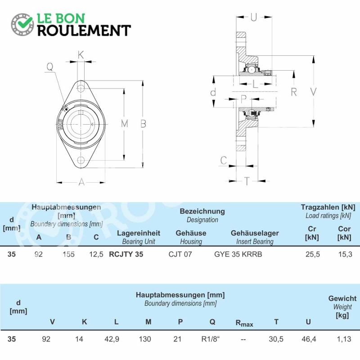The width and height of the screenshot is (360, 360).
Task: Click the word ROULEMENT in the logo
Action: pyautogui.click(x=84, y=31)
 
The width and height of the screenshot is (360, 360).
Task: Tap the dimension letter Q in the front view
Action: pyautogui.click(x=50, y=67)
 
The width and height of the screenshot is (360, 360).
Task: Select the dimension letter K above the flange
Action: pyautogui.click(x=81, y=55)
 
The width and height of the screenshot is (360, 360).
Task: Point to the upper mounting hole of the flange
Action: pyautogui.click(x=81, y=88)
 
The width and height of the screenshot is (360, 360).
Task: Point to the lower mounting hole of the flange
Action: pyautogui.click(x=81, y=160)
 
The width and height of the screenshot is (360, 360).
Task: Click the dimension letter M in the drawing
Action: pyautogui.click(x=125, y=124)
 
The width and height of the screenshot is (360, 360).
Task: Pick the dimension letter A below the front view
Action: pyautogui.click(x=81, y=182)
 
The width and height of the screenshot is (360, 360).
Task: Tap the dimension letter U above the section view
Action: pyautogui.click(x=253, y=17)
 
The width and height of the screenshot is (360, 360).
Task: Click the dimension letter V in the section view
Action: pyautogui.click(x=313, y=92)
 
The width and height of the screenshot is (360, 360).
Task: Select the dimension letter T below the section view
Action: pyautogui.click(x=247, y=181)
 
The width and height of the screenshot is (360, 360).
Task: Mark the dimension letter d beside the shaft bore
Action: pyautogui.click(x=213, y=92)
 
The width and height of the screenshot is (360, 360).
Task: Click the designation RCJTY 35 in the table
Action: pyautogui.click(x=126, y=254)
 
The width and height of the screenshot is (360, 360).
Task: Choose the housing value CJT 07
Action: pyautogui.click(x=180, y=254)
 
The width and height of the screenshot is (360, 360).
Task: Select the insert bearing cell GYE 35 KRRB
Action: pyautogui.click(x=238, y=254)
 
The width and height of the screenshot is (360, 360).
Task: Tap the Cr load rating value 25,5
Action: pyautogui.click(x=313, y=254)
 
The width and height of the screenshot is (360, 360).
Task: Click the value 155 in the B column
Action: pyautogui.click(x=68, y=254)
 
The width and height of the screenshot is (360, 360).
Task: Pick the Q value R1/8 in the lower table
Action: pyautogui.click(x=210, y=339)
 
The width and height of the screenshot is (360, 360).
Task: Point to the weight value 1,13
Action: pyautogui.click(x=344, y=339)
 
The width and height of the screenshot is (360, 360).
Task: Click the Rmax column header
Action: pyautogui.click(x=244, y=323)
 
